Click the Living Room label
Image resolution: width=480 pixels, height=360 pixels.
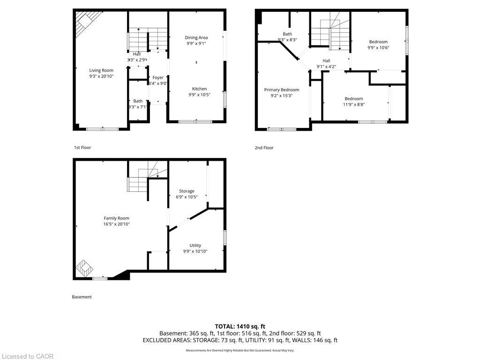[x=101, y=70]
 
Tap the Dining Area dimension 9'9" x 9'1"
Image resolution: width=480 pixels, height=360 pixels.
[x=196, y=44]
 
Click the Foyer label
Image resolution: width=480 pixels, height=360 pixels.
[x=158, y=77]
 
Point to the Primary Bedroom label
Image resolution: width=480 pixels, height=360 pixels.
[x=281, y=90]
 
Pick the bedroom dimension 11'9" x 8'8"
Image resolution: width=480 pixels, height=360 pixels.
[x=354, y=105]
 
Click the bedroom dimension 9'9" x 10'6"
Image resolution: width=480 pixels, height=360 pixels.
[x=378, y=47]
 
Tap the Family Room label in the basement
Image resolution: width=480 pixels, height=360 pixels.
[x=116, y=218]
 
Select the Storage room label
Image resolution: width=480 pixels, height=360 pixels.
[x=187, y=191]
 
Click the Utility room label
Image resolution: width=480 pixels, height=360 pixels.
[x=195, y=245]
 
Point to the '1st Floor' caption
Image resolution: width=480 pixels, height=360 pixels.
[x=82, y=148]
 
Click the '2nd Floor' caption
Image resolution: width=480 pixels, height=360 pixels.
[x=264, y=148]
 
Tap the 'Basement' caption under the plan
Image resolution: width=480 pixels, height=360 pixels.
[x=82, y=297]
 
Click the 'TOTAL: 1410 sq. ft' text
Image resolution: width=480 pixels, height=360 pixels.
[x=240, y=326]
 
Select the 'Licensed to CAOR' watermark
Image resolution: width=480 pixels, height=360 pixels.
[x=27, y=356]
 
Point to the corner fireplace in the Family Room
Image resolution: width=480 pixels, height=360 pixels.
[x=85, y=269]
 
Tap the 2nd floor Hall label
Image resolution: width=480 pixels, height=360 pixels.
[x=326, y=60]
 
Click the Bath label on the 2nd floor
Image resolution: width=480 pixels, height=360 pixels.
[x=287, y=34]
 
